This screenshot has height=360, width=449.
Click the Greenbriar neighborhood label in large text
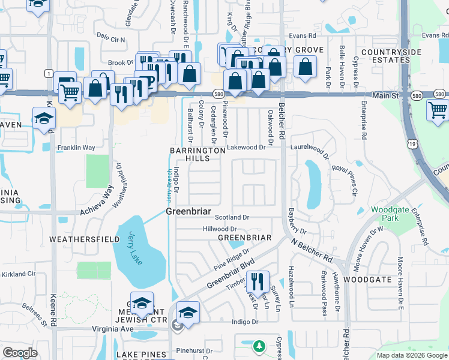point(187,211)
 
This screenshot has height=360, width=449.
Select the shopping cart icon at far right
point(438,110)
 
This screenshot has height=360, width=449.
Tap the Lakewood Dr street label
point(246,147)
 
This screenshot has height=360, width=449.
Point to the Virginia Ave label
point(112,329)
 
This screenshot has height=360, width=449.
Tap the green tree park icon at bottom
point(259,346)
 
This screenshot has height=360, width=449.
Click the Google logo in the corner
point(19,353)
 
